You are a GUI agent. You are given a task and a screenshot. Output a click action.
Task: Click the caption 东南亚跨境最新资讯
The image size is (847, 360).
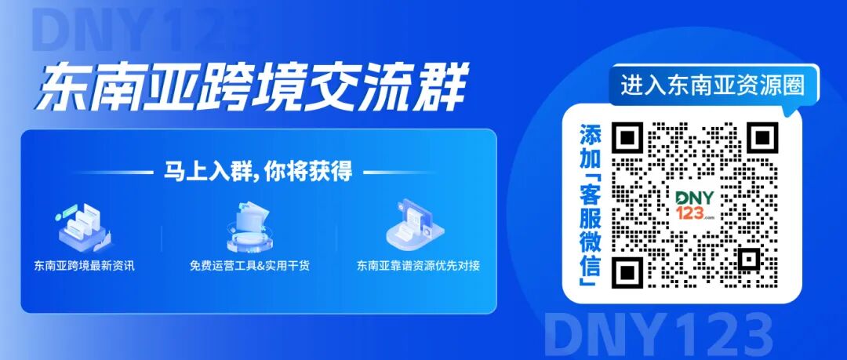(85, 265)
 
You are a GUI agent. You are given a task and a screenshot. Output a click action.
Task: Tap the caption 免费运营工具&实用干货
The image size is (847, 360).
(249, 265)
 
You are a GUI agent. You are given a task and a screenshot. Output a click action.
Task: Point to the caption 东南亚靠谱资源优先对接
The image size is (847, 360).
(418, 265)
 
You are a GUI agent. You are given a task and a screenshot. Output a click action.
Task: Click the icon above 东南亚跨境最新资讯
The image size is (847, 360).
(82, 224)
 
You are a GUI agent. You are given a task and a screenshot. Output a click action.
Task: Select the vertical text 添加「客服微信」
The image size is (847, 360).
(589, 205)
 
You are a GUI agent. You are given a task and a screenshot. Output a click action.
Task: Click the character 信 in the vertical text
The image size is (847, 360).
(589, 275)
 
